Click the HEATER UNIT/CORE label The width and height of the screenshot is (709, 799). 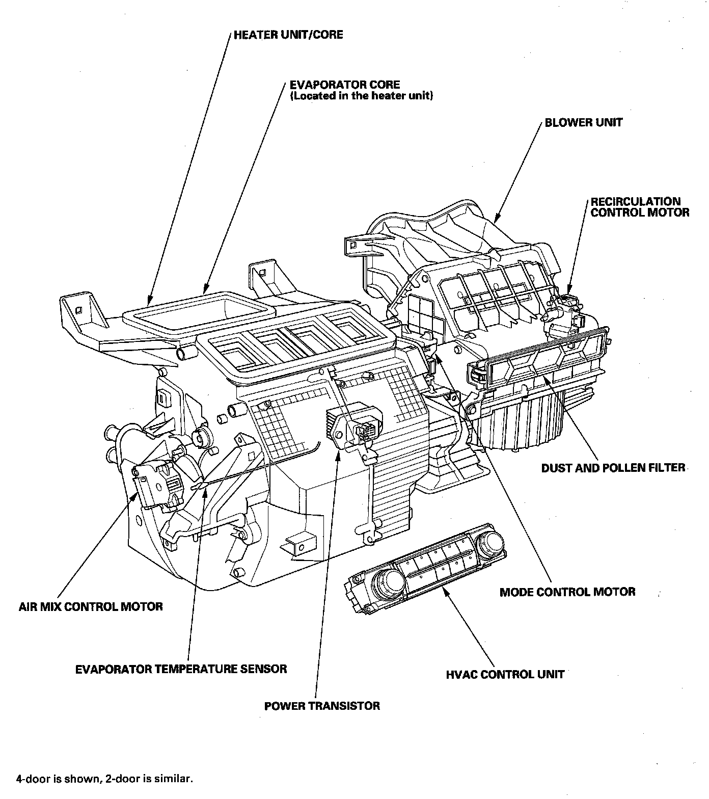[x=288, y=35]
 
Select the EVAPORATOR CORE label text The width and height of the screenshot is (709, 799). [x=345, y=85]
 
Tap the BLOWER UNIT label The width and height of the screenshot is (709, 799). [x=583, y=122]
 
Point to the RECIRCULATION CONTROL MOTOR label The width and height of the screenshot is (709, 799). [x=640, y=207]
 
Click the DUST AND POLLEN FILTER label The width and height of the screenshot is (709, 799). [x=613, y=468]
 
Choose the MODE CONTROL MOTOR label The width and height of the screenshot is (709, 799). [x=567, y=592]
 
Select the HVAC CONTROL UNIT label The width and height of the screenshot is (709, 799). [x=505, y=675]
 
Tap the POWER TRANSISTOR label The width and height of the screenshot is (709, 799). [x=322, y=706]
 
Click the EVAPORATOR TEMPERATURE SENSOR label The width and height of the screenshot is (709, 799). [x=181, y=669]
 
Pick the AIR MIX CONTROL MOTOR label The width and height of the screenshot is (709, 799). [x=91, y=607]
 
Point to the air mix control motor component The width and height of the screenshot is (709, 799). [x=155, y=484]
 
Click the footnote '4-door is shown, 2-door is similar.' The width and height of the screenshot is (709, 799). [x=104, y=779]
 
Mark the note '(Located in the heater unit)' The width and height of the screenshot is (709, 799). [x=362, y=96]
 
